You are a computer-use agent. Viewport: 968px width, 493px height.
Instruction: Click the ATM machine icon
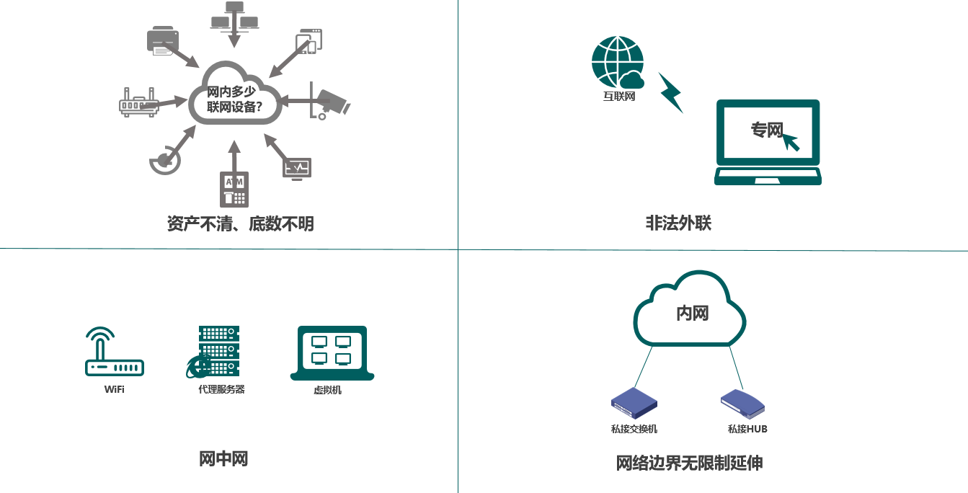(234, 189)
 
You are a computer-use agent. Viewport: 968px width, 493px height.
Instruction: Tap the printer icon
(162, 40)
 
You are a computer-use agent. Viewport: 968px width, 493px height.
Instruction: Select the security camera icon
(330, 102)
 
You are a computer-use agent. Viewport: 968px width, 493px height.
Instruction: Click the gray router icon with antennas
(138, 104)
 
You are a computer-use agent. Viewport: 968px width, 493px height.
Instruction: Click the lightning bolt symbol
(670, 92)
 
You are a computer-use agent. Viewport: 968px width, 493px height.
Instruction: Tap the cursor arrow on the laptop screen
(791, 141)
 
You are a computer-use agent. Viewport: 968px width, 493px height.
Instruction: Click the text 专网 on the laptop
(766, 130)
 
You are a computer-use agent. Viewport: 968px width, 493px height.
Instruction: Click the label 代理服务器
(221, 389)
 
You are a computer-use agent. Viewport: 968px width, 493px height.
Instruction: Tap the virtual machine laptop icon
(332, 352)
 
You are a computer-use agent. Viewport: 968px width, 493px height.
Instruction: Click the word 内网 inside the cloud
(692, 313)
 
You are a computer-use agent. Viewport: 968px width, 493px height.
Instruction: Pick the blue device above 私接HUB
(742, 404)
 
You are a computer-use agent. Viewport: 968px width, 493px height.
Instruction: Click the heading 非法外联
(678, 223)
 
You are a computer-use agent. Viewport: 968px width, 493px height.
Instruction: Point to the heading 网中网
(223, 458)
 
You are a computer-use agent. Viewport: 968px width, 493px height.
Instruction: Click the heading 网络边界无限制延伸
(689, 463)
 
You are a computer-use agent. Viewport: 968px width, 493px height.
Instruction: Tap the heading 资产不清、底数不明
(240, 224)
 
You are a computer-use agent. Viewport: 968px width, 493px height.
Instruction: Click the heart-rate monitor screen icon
(297, 169)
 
